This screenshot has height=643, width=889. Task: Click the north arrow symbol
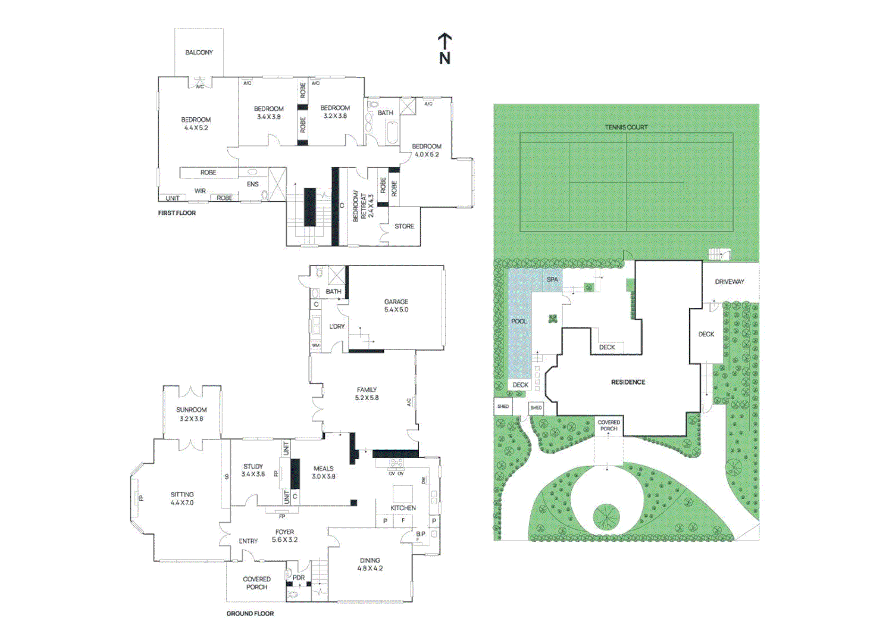pos(444,48)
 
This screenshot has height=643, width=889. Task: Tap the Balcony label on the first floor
pos(199,52)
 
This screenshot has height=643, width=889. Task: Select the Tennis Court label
pos(626,127)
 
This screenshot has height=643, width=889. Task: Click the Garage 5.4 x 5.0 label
pos(396,305)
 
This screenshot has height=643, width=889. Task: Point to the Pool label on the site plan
pos(519,321)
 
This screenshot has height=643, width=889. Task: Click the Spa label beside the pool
pos(552,279)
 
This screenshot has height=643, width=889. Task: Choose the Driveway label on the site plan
pos(729,282)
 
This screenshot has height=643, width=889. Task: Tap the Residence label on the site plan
pos(628,382)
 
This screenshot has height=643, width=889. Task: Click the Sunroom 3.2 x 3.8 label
pos(191,414)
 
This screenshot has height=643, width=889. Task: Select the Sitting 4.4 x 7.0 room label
pos(182,498)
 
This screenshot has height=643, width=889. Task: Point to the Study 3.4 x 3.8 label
pos(253,470)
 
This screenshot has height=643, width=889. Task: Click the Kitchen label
pos(403,508)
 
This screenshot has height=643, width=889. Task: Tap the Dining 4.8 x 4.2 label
pos(370,564)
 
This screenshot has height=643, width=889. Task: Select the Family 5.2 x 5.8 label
pos(367,394)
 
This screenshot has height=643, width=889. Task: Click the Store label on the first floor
pos(404,226)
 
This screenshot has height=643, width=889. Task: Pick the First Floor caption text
pos(177,213)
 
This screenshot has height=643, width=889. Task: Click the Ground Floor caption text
pos(250,613)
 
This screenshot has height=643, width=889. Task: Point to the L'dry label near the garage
pos(337,326)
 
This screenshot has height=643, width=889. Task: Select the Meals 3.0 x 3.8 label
pos(323,472)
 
